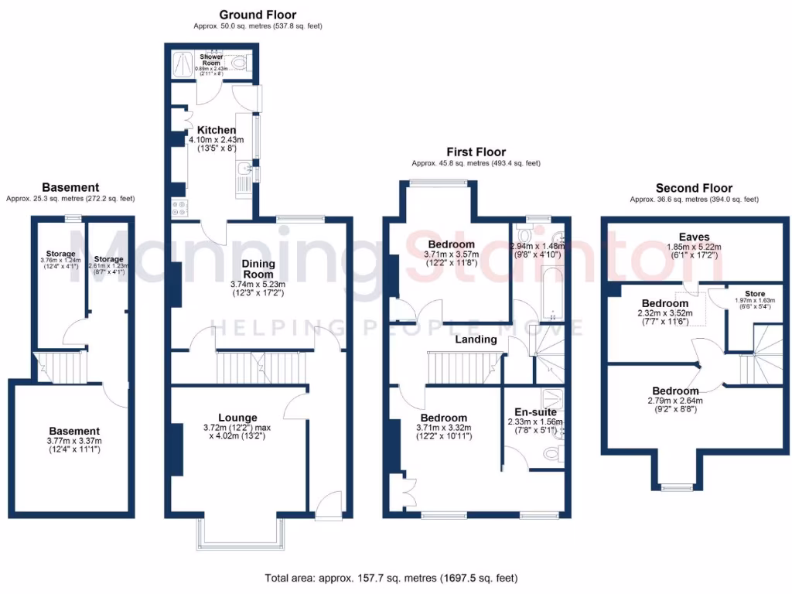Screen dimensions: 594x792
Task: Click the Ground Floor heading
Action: [x=258, y=15]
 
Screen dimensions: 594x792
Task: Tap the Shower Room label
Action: [x=211, y=60]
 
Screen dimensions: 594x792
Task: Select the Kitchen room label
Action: [x=216, y=129]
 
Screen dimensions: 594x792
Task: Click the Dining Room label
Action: [x=258, y=268]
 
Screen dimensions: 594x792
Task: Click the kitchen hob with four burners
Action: [x=179, y=207]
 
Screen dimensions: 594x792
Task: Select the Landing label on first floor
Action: [x=476, y=339]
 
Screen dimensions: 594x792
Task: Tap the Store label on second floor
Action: [x=754, y=293]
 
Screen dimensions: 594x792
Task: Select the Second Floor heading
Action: [x=694, y=188]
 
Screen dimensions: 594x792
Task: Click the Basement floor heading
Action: [x=70, y=187]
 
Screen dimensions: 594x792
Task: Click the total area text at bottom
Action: [x=391, y=577]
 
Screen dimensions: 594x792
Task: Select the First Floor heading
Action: [x=476, y=152]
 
